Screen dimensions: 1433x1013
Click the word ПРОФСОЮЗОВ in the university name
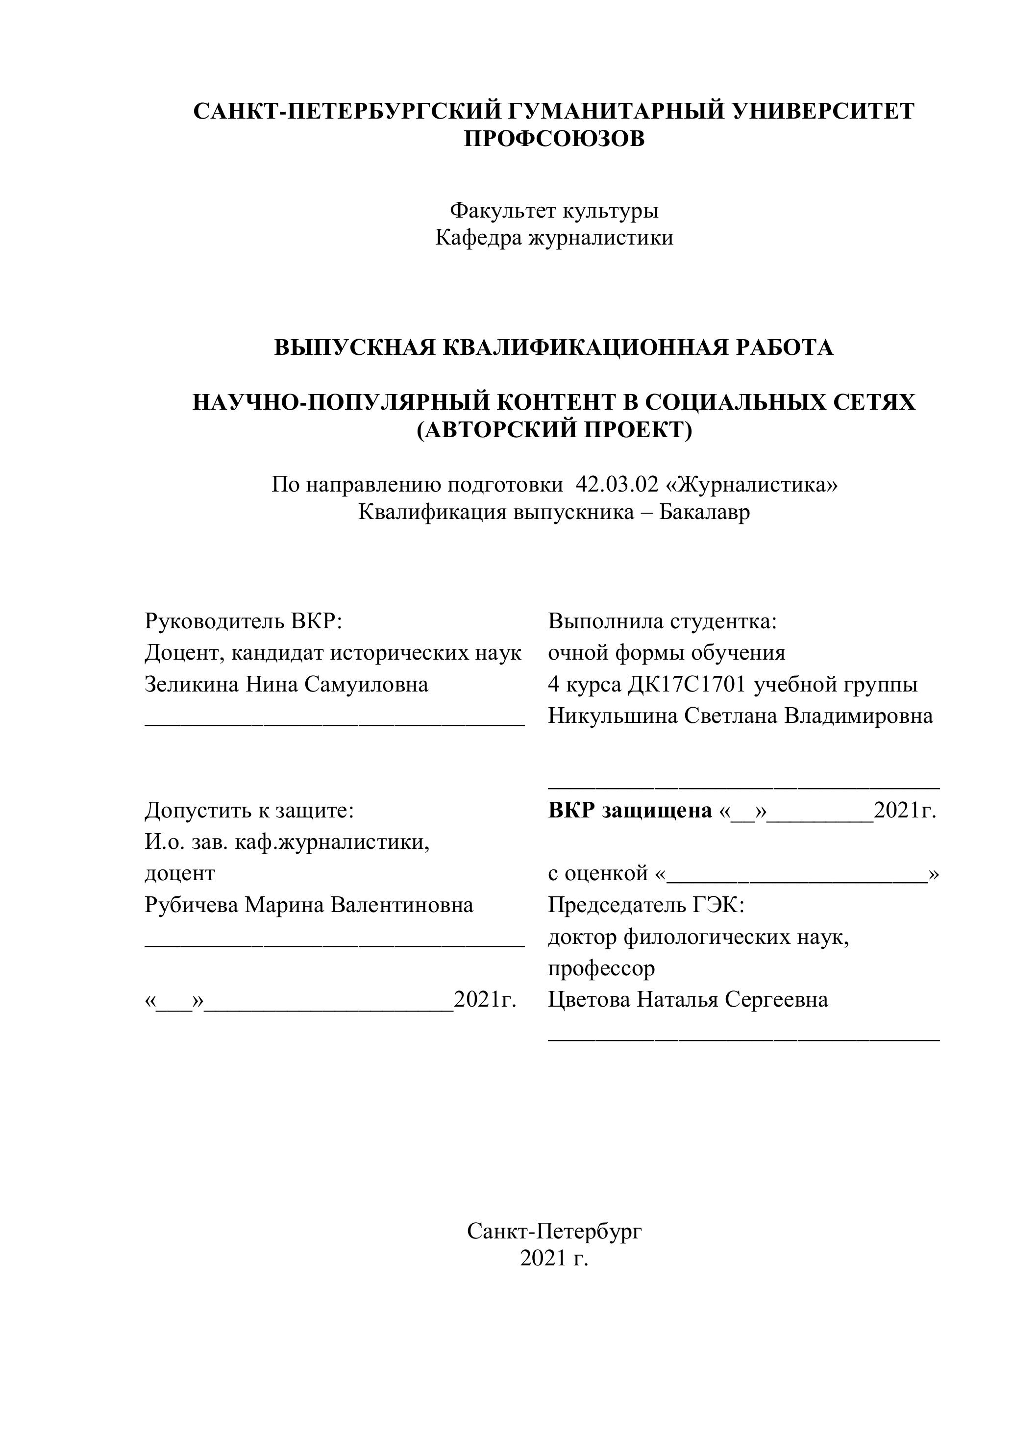[x=554, y=138]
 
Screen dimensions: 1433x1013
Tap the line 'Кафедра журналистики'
[x=554, y=238]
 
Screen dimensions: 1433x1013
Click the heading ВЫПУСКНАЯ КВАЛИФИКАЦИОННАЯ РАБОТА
[x=554, y=347]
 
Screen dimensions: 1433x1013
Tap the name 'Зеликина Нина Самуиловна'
[x=287, y=684]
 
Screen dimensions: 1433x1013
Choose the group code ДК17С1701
[x=687, y=684]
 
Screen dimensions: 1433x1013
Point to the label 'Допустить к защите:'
[x=249, y=811]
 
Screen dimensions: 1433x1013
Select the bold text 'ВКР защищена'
[x=630, y=811]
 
